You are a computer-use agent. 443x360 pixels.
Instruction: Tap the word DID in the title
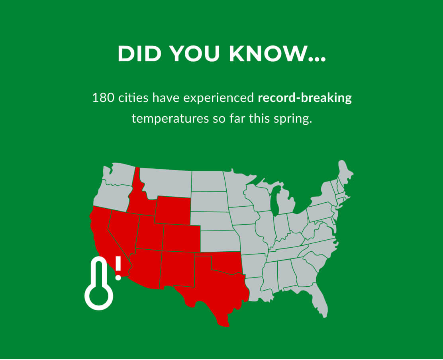[137, 53]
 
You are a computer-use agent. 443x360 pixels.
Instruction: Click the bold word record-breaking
[305, 98]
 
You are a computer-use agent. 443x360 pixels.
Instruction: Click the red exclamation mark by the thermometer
[118, 268]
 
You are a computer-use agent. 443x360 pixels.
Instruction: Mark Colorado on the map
[181, 238]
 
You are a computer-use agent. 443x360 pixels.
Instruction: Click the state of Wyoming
[172, 209]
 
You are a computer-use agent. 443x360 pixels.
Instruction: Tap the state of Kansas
[219, 241]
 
